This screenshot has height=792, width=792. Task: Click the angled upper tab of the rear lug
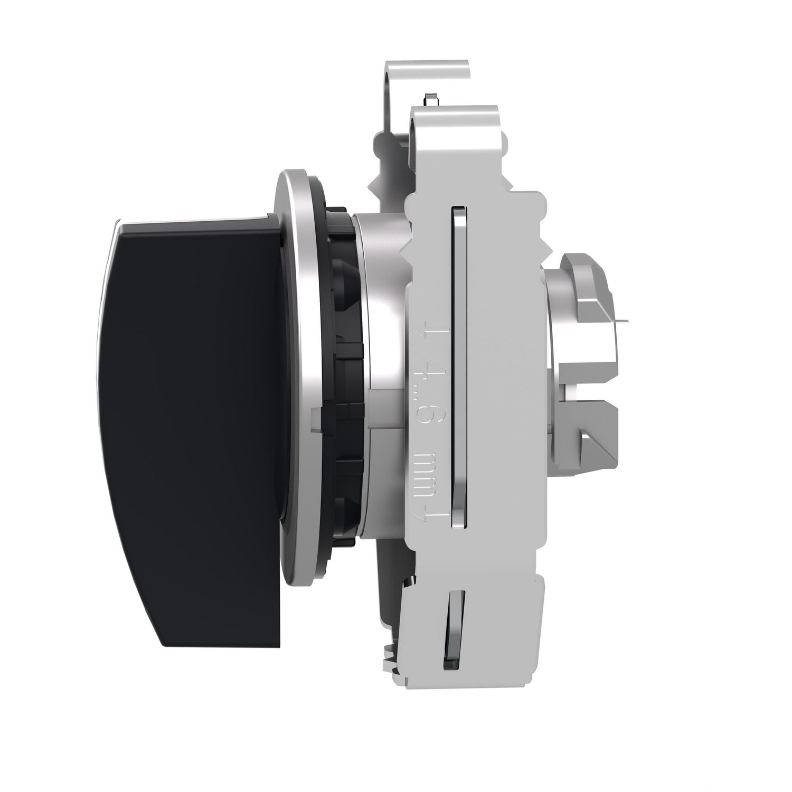coord(586,275)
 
